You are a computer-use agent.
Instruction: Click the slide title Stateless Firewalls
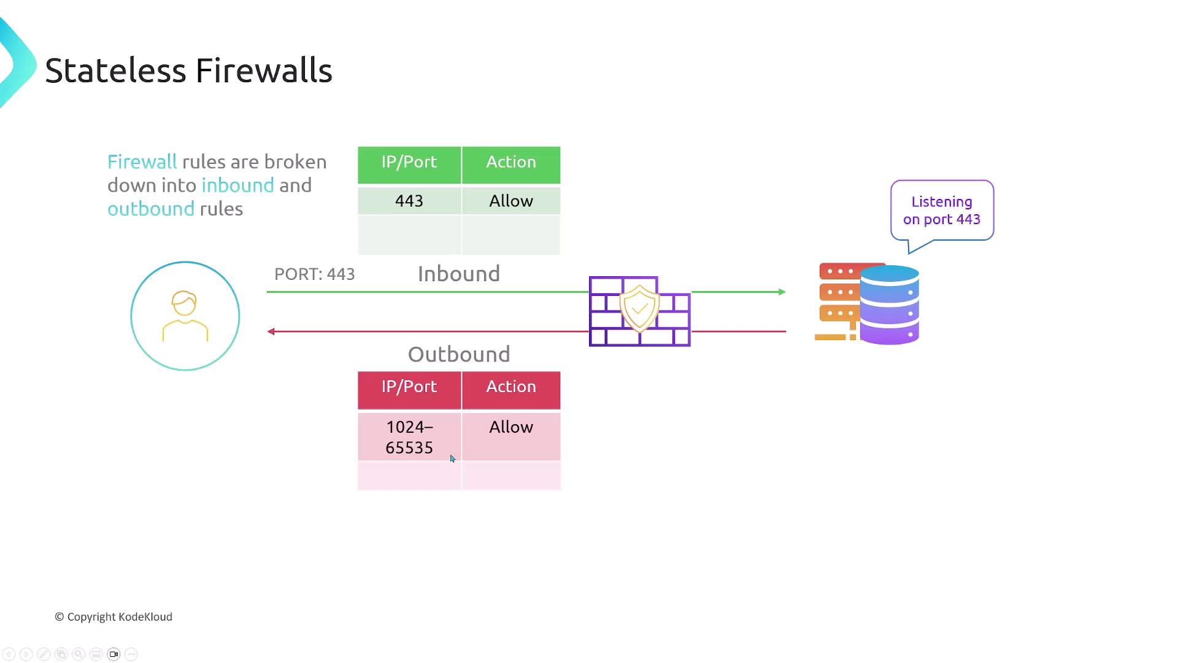[x=188, y=71]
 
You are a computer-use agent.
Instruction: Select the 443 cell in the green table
[x=409, y=201]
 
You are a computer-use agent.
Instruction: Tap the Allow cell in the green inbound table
[x=511, y=201]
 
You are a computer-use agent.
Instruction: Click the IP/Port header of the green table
[x=409, y=162]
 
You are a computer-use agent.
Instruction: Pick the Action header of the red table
[x=511, y=387]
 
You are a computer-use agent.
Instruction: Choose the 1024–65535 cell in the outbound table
[x=409, y=437]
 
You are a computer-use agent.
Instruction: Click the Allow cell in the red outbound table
[x=511, y=427]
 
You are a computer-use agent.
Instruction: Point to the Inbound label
[x=459, y=274]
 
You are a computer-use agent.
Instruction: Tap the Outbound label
[x=459, y=354]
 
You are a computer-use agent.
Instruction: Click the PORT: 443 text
[x=314, y=274]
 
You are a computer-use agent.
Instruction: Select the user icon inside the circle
[x=185, y=316]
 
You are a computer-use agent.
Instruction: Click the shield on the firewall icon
[x=639, y=308]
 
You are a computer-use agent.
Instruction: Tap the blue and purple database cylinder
[x=889, y=304]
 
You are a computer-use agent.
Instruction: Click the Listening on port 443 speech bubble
[x=942, y=211]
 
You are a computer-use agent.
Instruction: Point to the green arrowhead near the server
[x=782, y=292]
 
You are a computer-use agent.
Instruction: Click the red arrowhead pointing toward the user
[x=271, y=331]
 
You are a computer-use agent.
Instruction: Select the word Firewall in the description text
[x=142, y=162]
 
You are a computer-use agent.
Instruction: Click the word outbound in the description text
[x=151, y=209]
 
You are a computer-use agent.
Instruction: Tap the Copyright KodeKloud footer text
[x=114, y=617]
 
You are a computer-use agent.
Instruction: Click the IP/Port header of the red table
[x=409, y=387]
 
